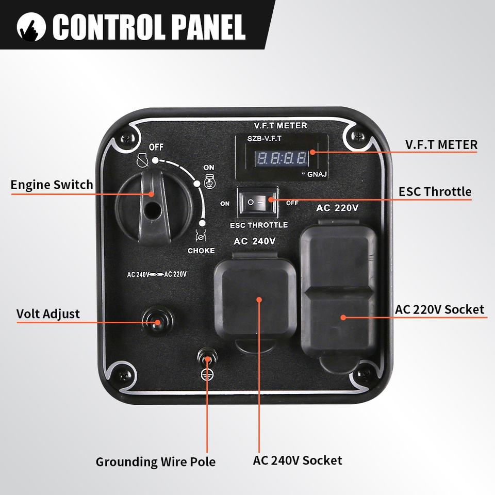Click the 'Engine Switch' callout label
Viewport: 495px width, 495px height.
click(52, 185)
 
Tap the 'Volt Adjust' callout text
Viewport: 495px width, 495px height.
click(48, 313)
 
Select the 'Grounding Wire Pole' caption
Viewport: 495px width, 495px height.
click(155, 461)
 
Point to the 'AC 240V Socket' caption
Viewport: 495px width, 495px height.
click(297, 460)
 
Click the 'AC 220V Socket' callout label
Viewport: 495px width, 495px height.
click(439, 309)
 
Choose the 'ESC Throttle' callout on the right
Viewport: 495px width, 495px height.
click(435, 192)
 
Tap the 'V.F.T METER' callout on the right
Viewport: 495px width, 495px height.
click(441, 144)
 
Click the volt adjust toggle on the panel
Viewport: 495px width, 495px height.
click(156, 322)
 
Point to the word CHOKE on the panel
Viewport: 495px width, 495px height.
click(201, 251)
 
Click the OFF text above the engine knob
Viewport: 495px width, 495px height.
click(156, 147)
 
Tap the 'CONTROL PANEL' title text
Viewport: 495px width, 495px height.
click(148, 27)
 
